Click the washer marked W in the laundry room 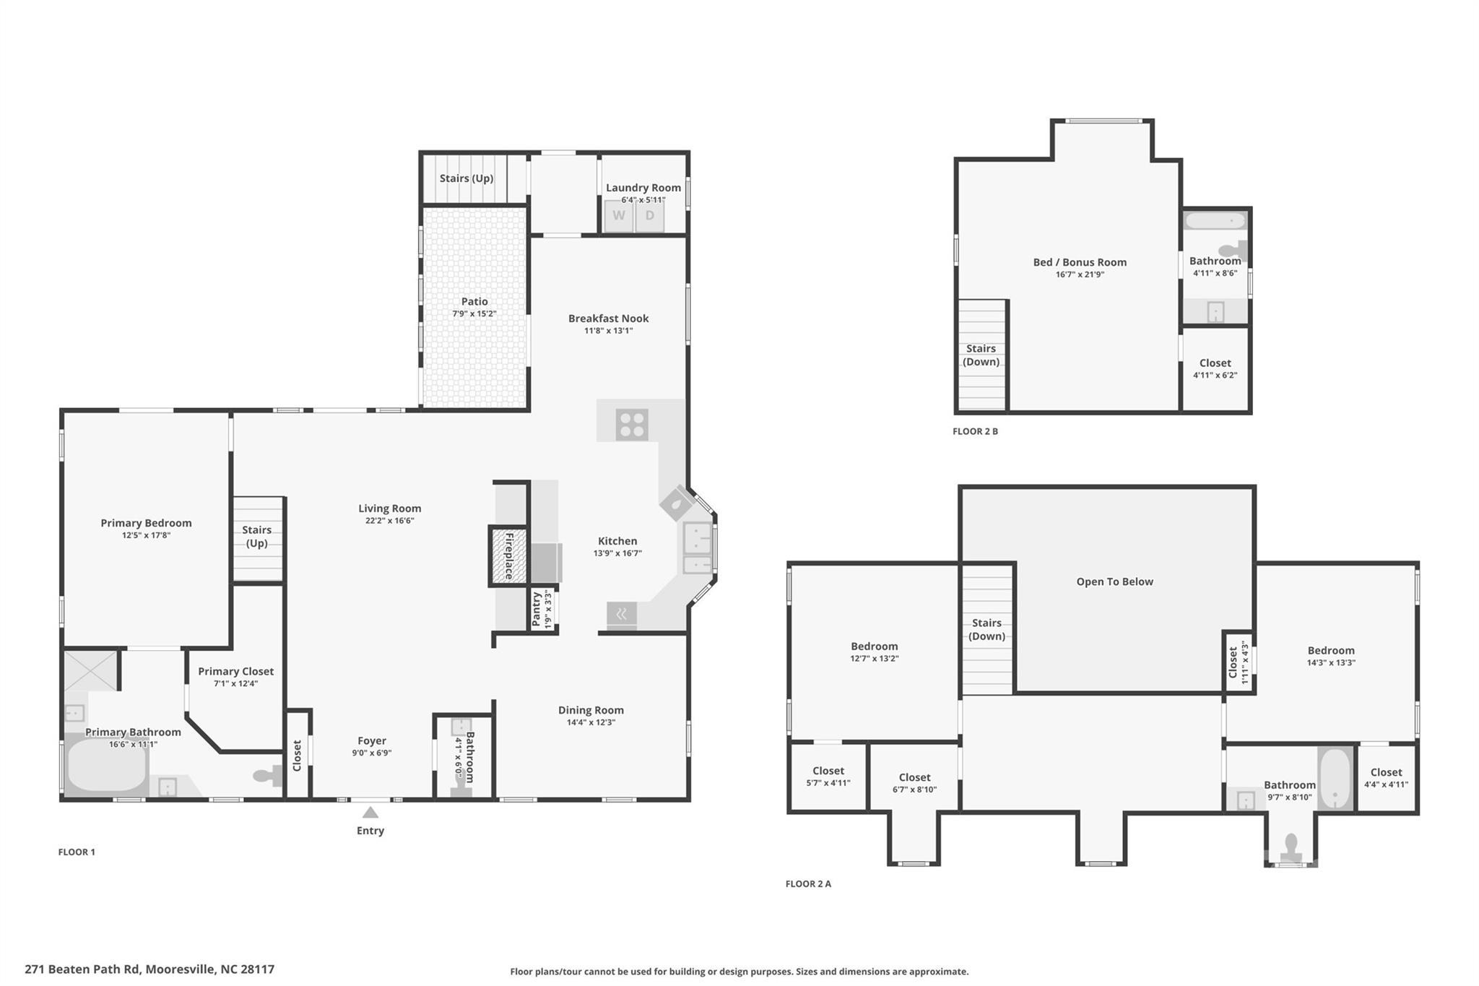click(x=619, y=216)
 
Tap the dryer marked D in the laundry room click(x=649, y=216)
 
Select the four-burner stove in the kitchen click(x=632, y=425)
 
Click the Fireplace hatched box click(x=508, y=556)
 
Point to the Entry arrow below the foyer click(x=370, y=813)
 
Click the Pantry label click(x=537, y=609)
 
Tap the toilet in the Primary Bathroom click(x=267, y=776)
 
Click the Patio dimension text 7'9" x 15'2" click(x=474, y=313)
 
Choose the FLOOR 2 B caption click(x=975, y=431)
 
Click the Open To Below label click(x=1115, y=581)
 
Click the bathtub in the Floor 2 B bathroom click(x=1215, y=220)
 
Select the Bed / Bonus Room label click(x=1080, y=262)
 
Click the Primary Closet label click(x=236, y=671)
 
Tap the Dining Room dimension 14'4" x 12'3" click(x=591, y=722)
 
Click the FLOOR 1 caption click(x=77, y=852)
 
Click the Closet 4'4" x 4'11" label click(x=1386, y=778)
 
